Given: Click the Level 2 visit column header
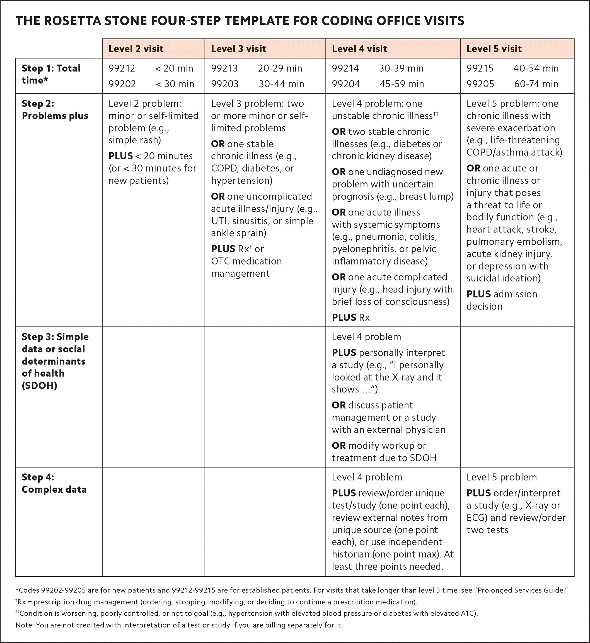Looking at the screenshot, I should tap(136, 49).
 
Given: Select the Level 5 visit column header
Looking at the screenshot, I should tap(494, 49).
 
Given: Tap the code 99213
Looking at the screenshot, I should tap(224, 68).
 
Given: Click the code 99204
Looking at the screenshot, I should tap(346, 84).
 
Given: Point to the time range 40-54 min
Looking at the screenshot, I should tap(536, 68).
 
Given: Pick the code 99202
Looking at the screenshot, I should tap(122, 84).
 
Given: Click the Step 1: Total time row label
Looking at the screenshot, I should tap(51, 74).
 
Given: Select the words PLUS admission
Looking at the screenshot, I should tap(502, 294).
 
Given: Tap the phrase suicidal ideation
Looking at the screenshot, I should tap(503, 278).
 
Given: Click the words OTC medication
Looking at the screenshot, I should tap(246, 261).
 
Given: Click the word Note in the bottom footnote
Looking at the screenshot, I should tap(24, 625).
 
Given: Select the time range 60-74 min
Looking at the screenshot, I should tap(536, 84).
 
